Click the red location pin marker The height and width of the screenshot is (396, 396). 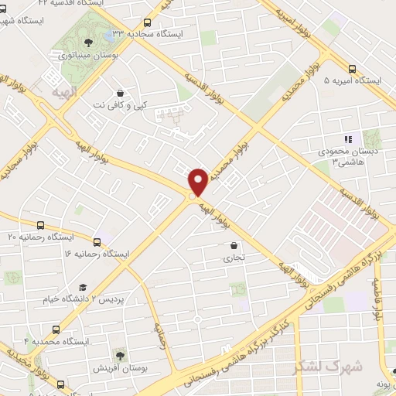pyautogui.click(x=199, y=181)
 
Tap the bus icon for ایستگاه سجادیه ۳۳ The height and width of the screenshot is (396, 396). pyautogui.click(x=148, y=23)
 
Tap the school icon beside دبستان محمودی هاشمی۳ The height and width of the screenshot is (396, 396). pyautogui.click(x=348, y=139)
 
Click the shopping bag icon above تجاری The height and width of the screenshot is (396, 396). pyautogui.click(x=233, y=246)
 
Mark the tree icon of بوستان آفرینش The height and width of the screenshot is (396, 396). pyautogui.click(x=118, y=355)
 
